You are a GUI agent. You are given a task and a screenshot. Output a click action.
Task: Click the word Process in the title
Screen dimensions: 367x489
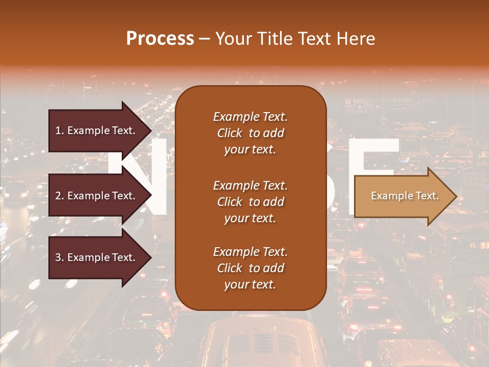[x=160, y=39]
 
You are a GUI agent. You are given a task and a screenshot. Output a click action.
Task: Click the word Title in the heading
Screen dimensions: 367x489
[x=274, y=39]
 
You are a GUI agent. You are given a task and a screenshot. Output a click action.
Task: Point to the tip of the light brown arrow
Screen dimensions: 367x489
[x=455, y=196]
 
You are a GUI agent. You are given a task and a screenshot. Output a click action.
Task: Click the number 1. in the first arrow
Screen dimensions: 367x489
[x=59, y=130]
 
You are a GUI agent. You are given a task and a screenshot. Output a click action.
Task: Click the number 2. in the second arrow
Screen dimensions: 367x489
[x=59, y=196]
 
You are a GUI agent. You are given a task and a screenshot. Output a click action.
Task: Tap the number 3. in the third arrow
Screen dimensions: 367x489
[x=59, y=257]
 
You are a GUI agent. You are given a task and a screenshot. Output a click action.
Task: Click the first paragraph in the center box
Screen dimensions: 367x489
[x=250, y=133]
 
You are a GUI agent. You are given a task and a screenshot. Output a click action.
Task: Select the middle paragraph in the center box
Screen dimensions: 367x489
[x=250, y=202]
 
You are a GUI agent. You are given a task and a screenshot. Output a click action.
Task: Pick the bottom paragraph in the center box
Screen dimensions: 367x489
[x=250, y=268]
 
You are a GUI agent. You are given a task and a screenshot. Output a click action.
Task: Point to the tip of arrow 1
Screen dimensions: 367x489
[x=151, y=130]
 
